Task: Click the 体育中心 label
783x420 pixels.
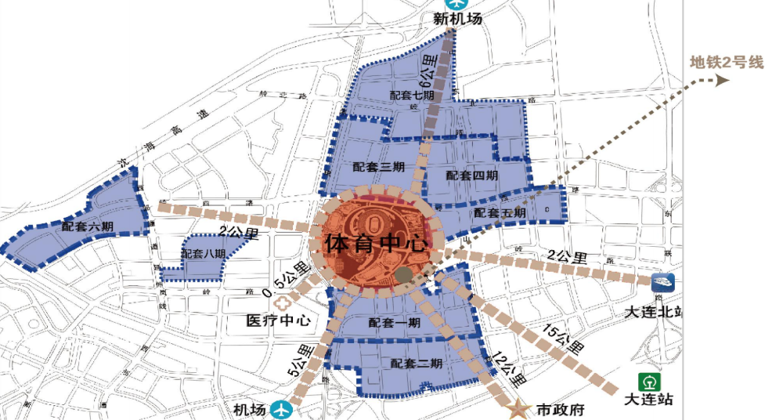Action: pos(378,242)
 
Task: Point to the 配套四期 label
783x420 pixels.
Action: pos(472,176)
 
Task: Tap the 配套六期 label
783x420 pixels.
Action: pos(88,226)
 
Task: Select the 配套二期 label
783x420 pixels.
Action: pos(417,364)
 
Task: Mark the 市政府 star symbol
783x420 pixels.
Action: pos(518,408)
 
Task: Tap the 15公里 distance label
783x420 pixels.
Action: pos(564,338)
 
